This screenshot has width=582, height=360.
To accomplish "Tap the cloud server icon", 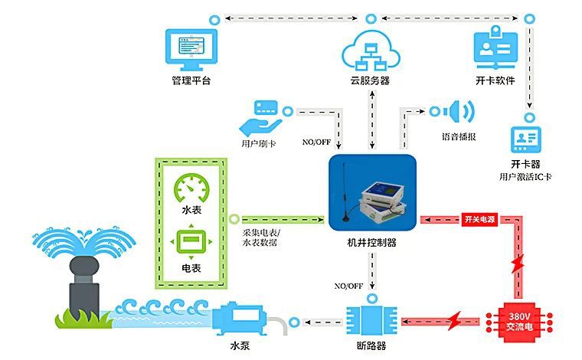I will (x=371, y=50).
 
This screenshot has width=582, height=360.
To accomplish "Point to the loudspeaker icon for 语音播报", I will (x=459, y=112).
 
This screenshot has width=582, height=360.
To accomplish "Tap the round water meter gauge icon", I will (x=191, y=187).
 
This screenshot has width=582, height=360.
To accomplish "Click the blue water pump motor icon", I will (x=244, y=319).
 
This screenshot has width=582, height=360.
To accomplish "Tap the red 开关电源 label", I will (x=480, y=218).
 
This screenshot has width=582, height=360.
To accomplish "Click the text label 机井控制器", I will (x=372, y=243).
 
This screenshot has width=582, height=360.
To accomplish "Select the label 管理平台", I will (x=191, y=80).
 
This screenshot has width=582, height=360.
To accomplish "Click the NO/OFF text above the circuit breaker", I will (x=348, y=286).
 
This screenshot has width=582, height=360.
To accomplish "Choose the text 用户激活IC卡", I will (x=525, y=177).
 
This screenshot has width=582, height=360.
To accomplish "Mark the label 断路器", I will (x=372, y=345).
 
